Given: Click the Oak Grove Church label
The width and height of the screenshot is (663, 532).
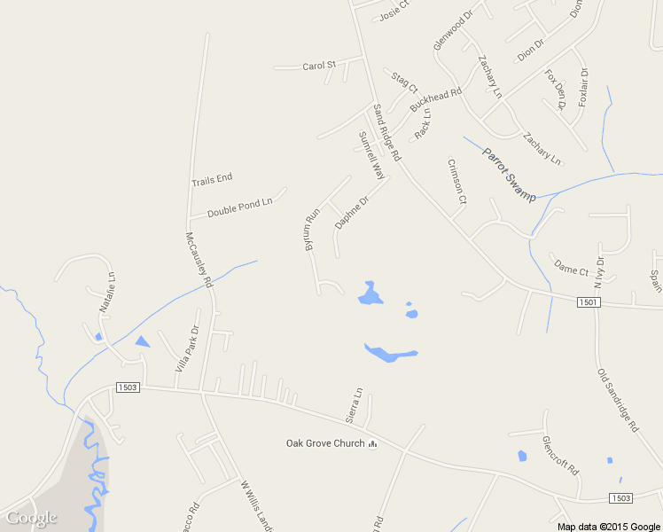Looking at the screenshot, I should click(x=324, y=443).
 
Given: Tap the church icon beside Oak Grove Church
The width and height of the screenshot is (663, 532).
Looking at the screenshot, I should click(x=373, y=443).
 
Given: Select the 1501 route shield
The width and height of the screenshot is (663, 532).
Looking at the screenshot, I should click(x=589, y=302).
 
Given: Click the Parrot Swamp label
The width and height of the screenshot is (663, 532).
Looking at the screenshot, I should click(x=509, y=174).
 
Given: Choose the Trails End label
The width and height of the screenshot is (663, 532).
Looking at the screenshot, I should click(x=212, y=179).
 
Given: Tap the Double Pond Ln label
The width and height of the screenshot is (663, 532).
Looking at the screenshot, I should click(x=239, y=208).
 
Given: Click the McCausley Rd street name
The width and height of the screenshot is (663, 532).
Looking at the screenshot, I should click(x=199, y=260).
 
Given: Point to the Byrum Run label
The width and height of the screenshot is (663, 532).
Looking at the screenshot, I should click(x=312, y=230).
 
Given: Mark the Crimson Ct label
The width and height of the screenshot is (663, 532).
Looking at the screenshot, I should click(x=456, y=182).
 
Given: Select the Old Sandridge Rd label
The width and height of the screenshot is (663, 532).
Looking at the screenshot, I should click(x=618, y=400).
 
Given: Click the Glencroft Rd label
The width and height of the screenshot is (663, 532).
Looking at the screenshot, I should click(x=559, y=456).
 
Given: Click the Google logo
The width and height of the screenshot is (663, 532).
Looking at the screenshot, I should click(x=31, y=518).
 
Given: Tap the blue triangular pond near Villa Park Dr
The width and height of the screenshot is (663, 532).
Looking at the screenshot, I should click(x=142, y=341).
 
